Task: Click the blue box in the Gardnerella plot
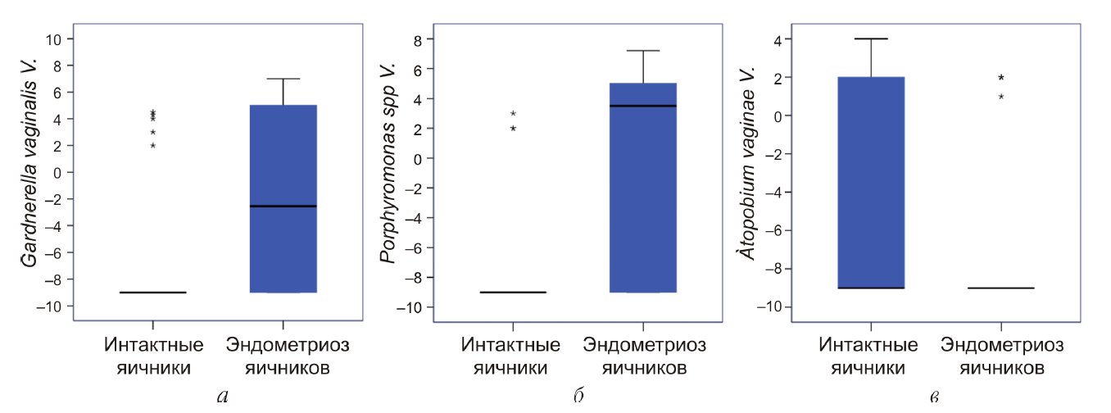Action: [283, 246]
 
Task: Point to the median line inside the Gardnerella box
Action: [283, 206]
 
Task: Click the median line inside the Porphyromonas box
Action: [643, 106]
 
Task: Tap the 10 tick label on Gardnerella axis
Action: [56, 39]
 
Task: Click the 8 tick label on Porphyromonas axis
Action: [417, 39]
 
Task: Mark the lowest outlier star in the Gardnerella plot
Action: [152, 146]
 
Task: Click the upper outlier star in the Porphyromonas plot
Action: [513, 114]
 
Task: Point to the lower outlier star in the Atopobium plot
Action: [1001, 97]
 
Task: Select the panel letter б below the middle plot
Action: [579, 397]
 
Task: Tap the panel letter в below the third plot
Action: [935, 398]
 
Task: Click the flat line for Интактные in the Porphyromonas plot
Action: [513, 292]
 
